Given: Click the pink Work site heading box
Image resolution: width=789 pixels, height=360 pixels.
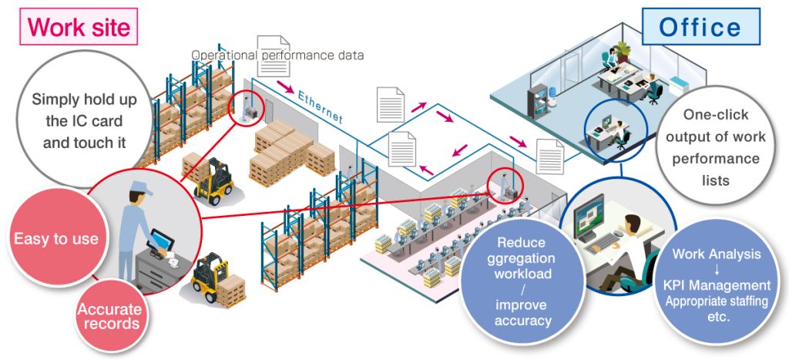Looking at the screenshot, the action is coord(79,26).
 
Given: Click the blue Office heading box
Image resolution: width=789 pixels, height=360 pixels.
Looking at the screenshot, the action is coord(700,27).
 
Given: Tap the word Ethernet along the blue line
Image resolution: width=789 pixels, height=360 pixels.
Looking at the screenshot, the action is coord(320,106).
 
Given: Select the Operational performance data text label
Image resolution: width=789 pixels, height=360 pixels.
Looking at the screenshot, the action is coord(277,56).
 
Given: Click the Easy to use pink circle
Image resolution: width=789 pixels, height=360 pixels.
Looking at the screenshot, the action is coord(55,237).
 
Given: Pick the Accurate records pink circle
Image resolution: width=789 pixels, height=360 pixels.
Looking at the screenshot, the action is coord(109,316).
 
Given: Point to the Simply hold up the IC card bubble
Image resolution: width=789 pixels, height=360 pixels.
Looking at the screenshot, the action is coord(83,121).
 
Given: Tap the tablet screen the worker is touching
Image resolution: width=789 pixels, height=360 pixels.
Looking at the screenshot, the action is coord(160,239).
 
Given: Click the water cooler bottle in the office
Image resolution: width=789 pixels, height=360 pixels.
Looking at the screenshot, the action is coord(553,92).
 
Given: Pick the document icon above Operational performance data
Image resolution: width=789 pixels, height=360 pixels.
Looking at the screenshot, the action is coord(274,56).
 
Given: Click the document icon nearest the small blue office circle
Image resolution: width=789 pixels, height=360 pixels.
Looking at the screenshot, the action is coord(550,156).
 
